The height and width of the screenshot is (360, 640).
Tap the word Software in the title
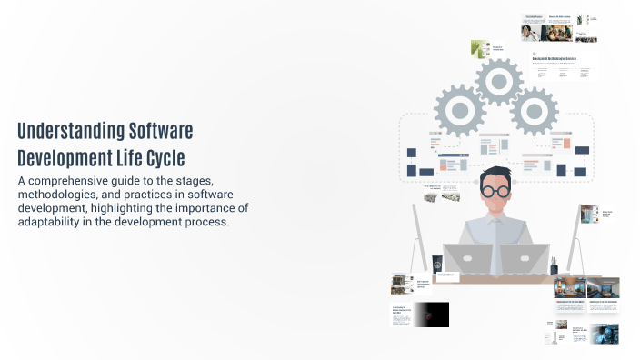coord(161,131)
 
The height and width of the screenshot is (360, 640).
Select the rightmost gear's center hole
coord(534,114)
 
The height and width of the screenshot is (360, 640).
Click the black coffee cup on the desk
coord(437,265)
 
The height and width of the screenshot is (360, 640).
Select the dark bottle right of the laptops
coord(553,265)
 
